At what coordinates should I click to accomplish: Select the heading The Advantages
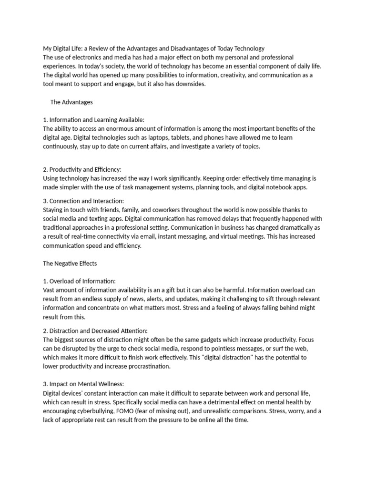click(x=71, y=102)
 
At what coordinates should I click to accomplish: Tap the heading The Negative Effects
click(x=70, y=263)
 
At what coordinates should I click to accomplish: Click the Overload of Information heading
click(x=80, y=281)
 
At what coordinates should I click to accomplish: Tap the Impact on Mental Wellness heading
click(x=86, y=384)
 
